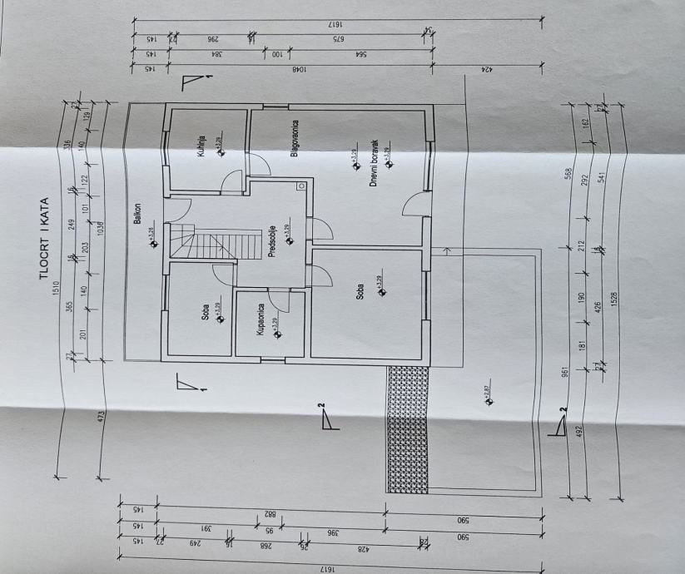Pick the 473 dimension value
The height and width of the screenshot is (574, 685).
click(101, 416)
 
